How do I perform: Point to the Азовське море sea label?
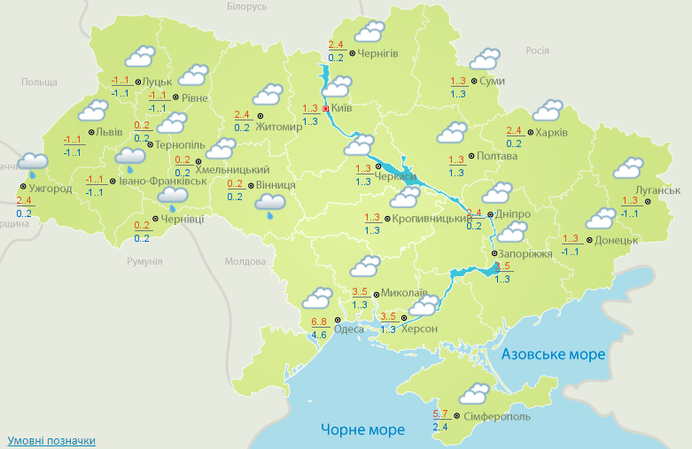553,354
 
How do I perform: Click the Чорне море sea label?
362,430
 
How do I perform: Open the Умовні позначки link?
51,440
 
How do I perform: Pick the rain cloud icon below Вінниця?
270,205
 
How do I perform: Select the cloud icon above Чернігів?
369,34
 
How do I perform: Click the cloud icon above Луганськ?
629,167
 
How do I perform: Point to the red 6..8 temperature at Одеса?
320,321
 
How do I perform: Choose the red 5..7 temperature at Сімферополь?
440,414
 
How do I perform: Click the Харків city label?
550,133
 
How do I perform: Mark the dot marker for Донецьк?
588,240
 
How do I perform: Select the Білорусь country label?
245,7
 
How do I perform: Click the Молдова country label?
245,262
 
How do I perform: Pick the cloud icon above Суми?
485,60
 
